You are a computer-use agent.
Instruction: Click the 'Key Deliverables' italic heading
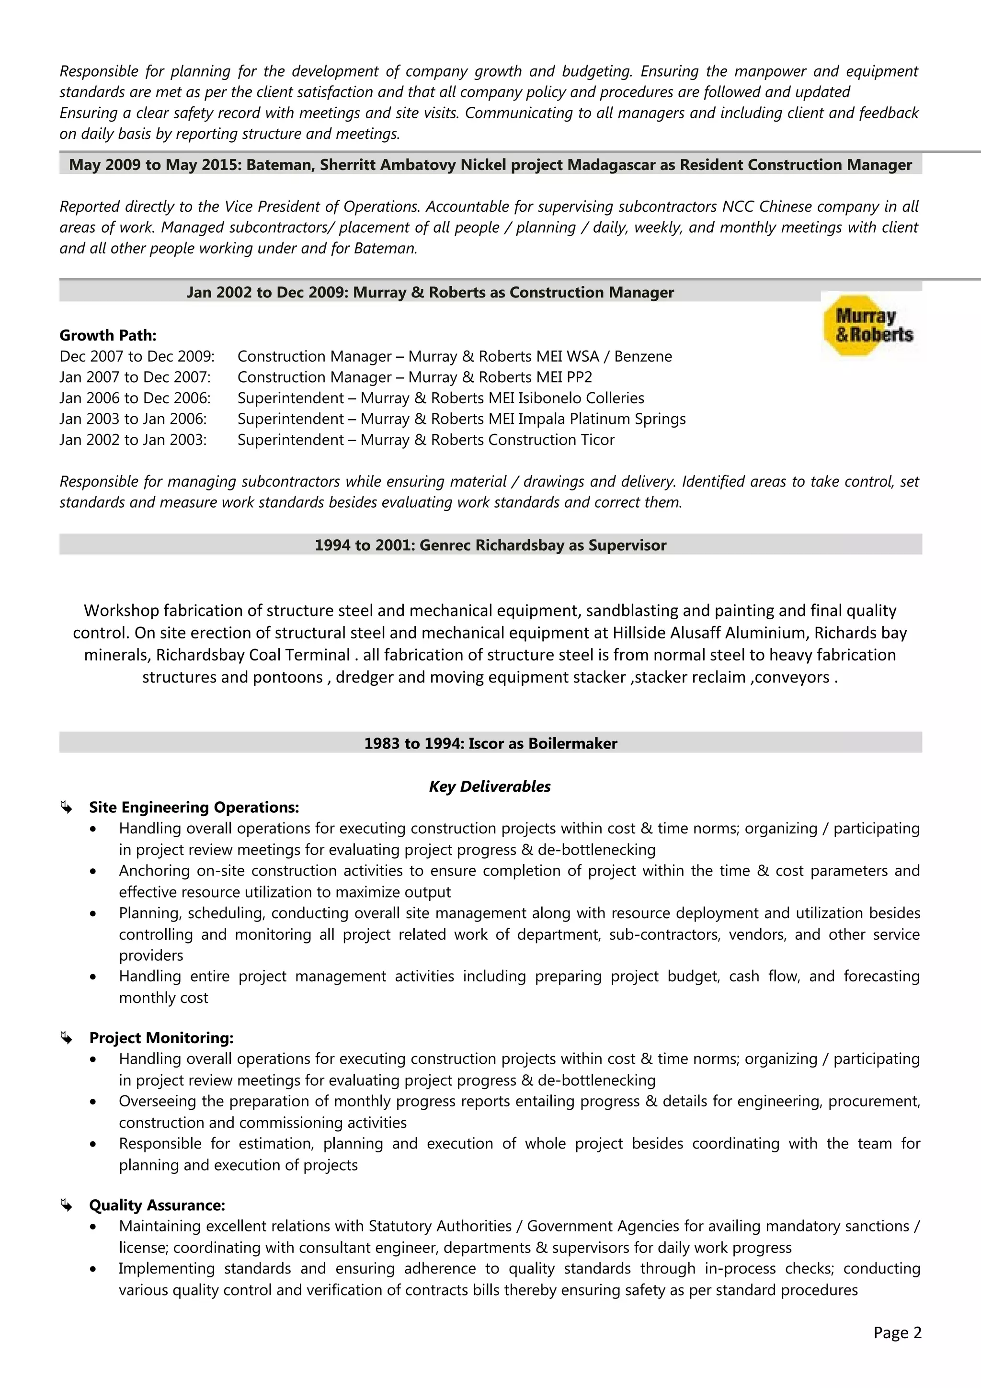click(490, 786)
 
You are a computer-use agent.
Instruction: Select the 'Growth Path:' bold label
click(108, 336)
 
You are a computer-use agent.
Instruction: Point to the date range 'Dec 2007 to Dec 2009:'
click(137, 357)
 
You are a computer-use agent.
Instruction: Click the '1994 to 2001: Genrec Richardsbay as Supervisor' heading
click(490, 545)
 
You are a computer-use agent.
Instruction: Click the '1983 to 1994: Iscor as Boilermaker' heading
click(490, 743)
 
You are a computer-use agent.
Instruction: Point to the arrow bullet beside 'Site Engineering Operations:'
click(66, 808)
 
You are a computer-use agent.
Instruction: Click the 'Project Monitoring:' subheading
click(161, 1038)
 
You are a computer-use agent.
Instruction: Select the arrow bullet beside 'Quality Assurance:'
click(66, 1206)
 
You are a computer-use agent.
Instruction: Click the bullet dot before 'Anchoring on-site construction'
click(92, 872)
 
